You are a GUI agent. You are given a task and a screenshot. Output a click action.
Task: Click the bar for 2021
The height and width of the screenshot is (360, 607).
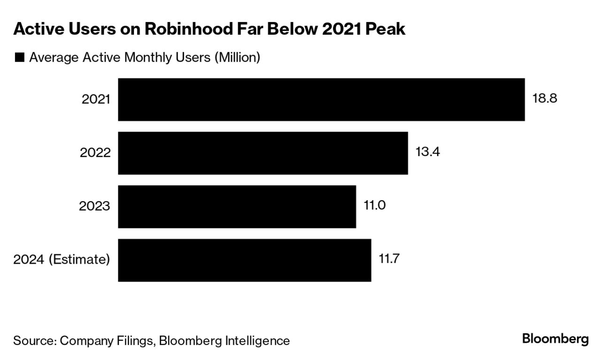click(x=321, y=100)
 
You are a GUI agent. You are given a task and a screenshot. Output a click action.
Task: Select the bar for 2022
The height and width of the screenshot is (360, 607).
click(x=263, y=153)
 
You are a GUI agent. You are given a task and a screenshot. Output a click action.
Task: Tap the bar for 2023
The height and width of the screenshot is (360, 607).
click(x=237, y=207)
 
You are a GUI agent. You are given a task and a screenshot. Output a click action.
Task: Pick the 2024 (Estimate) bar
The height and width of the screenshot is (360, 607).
click(x=244, y=260)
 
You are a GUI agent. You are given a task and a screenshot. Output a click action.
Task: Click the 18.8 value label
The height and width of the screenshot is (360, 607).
click(x=545, y=99)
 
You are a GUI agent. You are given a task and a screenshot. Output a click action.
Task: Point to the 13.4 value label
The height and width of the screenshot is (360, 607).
click(x=428, y=153)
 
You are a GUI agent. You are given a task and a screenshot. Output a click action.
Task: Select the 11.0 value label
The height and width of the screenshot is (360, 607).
click(x=374, y=206)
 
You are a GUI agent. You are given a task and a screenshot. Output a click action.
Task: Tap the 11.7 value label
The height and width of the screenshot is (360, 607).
click(x=389, y=259)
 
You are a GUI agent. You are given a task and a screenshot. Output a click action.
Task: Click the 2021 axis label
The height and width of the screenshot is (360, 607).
click(x=96, y=100)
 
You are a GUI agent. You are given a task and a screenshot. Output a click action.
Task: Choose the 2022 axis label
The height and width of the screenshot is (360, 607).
click(x=96, y=153)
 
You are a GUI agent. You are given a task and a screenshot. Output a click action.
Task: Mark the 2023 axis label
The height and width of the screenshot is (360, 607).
click(x=96, y=207)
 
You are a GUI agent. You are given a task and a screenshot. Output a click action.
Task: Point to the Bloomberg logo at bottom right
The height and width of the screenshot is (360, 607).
click(x=555, y=339)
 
